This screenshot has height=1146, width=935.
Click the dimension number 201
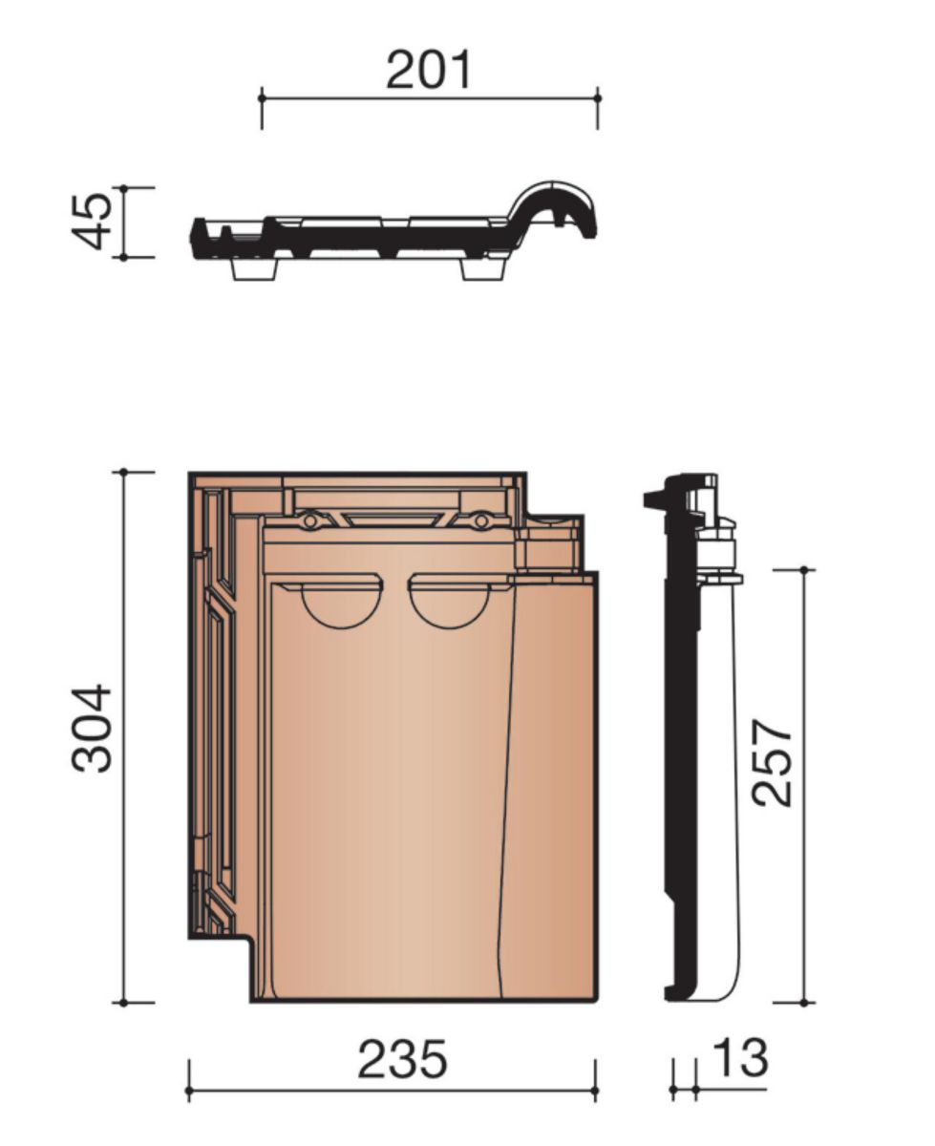point(428,70)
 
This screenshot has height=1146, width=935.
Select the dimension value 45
point(92,222)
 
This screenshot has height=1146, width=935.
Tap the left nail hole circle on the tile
point(310,521)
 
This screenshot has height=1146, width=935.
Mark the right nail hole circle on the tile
point(480,521)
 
